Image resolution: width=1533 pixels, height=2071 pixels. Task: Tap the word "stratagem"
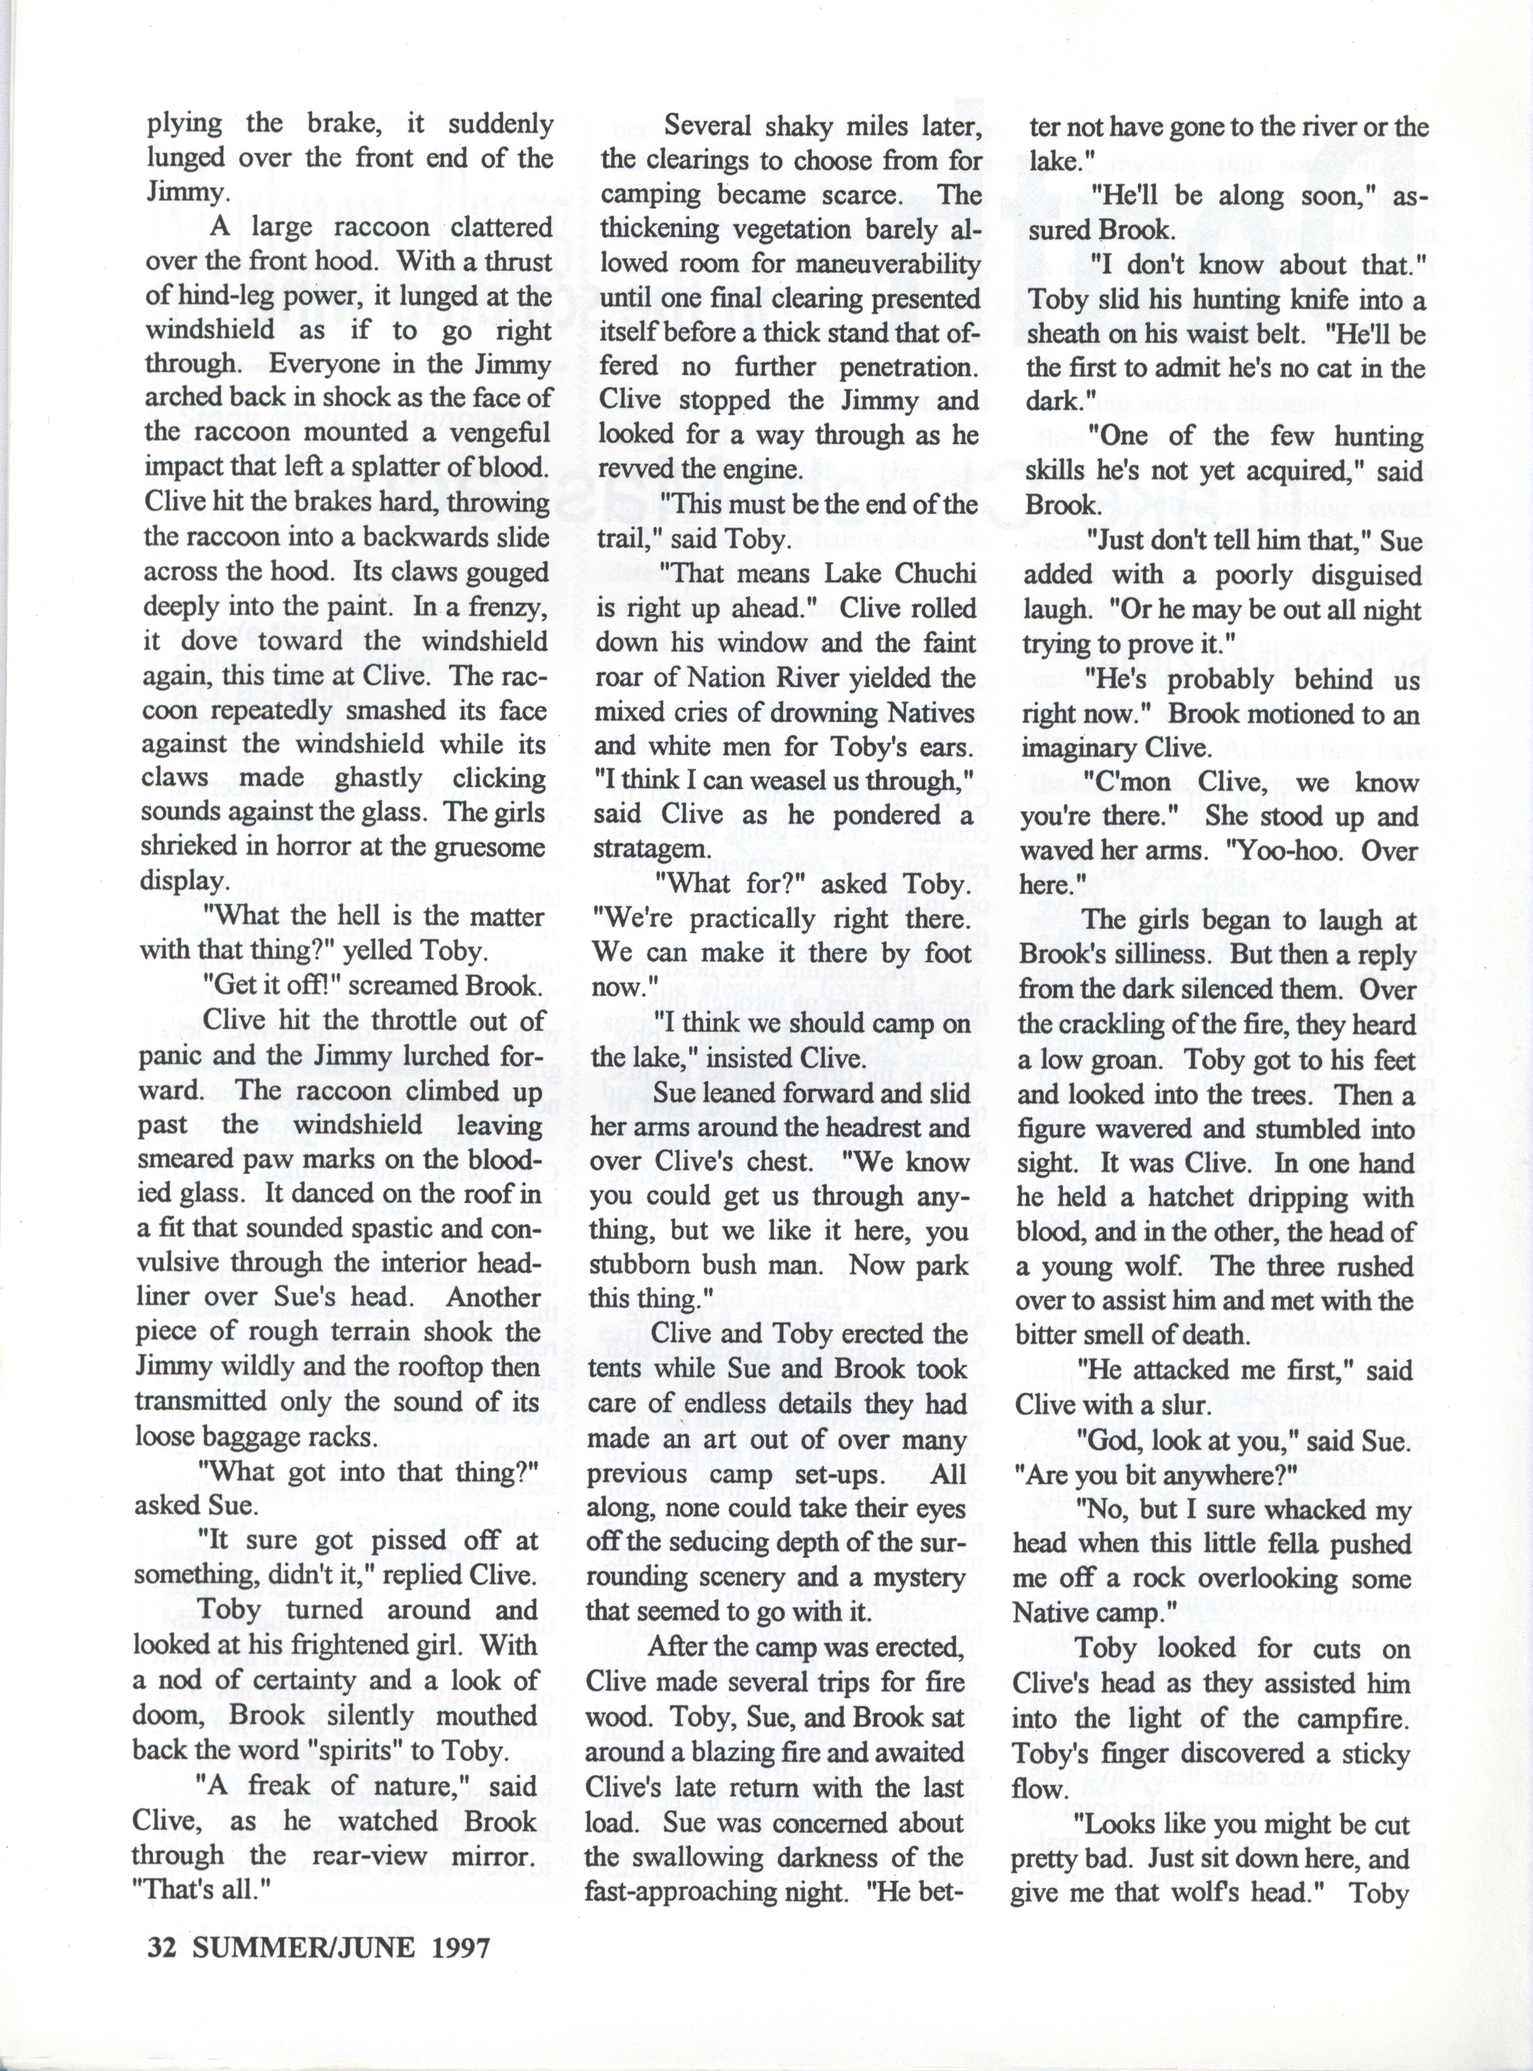coord(647,849)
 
